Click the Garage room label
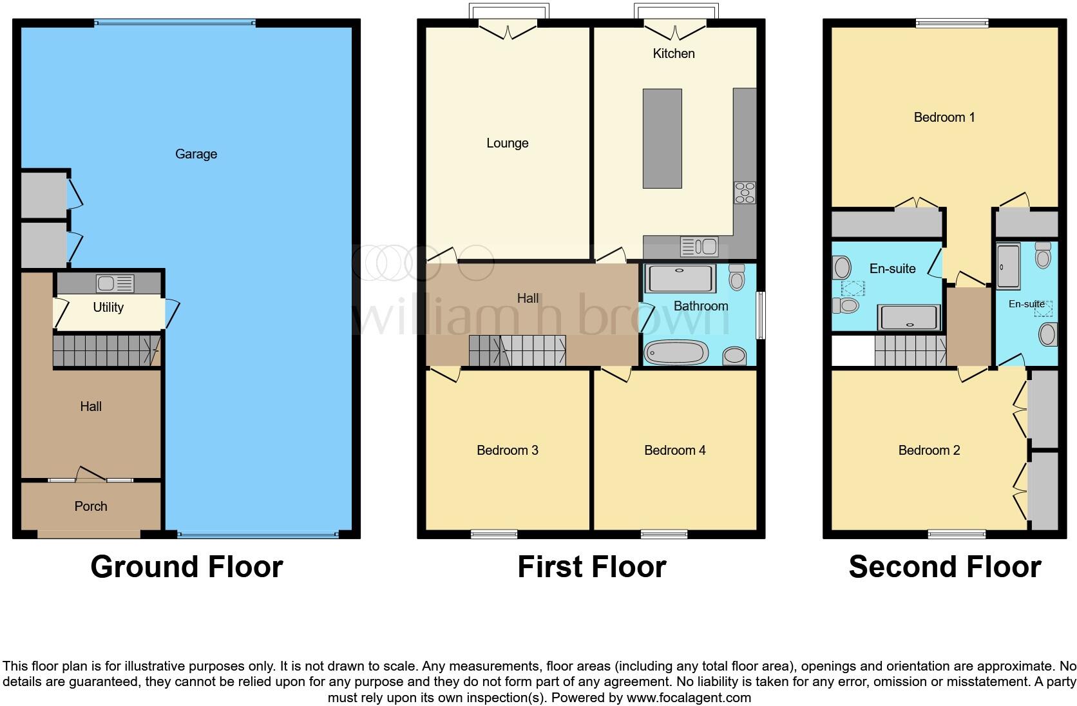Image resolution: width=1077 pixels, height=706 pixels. pos(196,154)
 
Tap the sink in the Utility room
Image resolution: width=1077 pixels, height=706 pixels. pos(115,283)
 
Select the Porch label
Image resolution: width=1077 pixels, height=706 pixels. pos(91,506)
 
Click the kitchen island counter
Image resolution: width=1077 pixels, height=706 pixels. pos(662,138)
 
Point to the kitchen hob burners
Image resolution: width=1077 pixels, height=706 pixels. pos(745,193)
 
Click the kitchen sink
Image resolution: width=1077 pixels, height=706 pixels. pos(699,247)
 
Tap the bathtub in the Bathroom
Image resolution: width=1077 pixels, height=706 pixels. pos(676,353)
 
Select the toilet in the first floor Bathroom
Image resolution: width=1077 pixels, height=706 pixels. pos(737,278)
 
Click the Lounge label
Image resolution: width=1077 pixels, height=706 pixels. pos(508,143)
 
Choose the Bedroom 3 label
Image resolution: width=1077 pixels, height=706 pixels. pos(508,450)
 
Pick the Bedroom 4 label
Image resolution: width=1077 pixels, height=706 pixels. pos(675,450)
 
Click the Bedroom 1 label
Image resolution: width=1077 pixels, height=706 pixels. pos(944,117)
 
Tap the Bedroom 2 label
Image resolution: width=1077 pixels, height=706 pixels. pos(929,450)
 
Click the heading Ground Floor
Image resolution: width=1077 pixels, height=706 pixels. pos(187,567)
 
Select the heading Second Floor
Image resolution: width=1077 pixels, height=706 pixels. pos(945,567)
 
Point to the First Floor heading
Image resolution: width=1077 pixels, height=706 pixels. pos(592,567)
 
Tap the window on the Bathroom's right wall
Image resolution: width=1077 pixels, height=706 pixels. pos(761,315)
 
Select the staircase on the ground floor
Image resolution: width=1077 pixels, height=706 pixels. pos(106,350)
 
